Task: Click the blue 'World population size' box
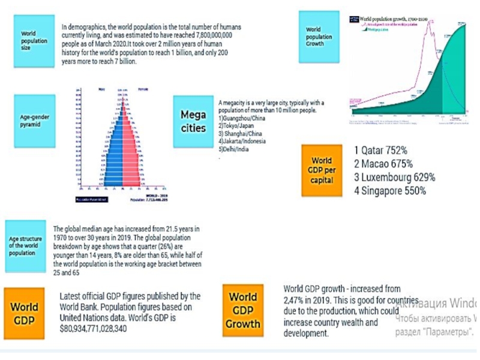tap(34, 41)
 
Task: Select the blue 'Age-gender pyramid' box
tap(34, 121)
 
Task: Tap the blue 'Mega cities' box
tap(193, 121)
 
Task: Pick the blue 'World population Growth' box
tap(319, 37)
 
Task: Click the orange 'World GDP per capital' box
tap(322, 170)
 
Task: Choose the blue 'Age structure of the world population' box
tap(26, 246)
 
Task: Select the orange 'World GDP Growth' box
tap(242, 311)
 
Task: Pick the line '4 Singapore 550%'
tap(389, 191)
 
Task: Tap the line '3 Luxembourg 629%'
tap(394, 177)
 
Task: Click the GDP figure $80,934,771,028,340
tap(94, 329)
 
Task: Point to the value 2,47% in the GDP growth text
tap(295, 299)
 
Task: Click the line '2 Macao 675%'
tap(383, 164)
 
